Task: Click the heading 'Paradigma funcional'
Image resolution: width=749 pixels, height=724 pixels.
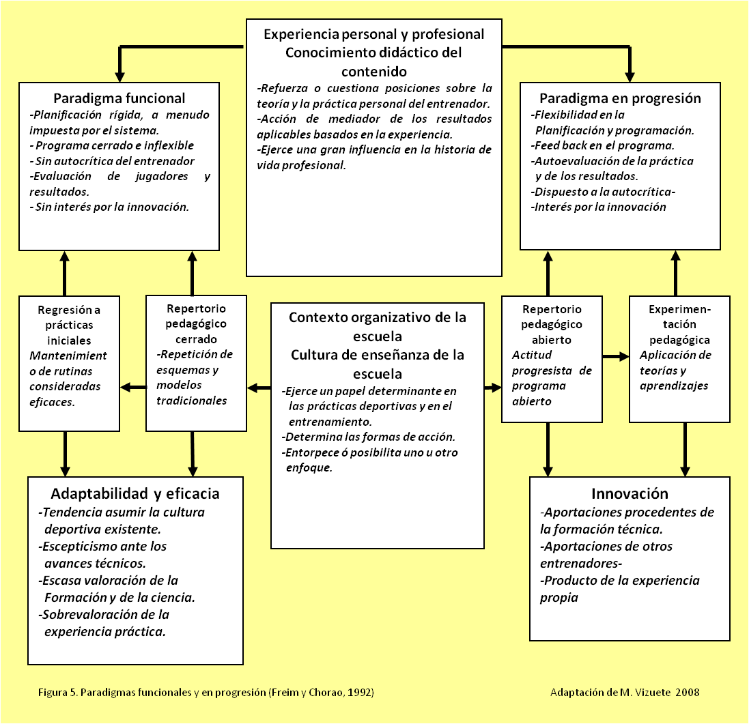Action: (119, 98)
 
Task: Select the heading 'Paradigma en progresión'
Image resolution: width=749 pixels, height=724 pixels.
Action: (620, 98)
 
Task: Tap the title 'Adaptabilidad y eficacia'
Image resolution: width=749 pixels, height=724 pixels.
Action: (135, 493)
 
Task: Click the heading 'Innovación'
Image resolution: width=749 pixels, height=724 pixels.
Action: (630, 493)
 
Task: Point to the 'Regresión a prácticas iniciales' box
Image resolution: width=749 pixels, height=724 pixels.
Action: (70, 363)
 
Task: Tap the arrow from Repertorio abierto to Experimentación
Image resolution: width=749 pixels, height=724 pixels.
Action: (615, 356)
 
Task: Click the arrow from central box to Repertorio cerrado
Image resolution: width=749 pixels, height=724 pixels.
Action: (259, 388)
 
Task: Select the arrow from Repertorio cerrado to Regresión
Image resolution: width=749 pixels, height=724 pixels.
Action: (133, 388)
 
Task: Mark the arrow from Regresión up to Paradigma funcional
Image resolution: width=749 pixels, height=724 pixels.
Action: (65, 273)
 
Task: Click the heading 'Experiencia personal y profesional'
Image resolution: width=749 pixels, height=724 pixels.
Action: (373, 34)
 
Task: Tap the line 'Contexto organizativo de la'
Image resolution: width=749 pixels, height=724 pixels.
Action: (377, 317)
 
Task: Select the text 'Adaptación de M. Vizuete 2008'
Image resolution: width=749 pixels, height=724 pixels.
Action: (624, 693)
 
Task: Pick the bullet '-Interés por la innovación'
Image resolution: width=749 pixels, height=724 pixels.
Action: (598, 207)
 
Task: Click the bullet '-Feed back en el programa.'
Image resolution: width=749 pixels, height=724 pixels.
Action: (602, 145)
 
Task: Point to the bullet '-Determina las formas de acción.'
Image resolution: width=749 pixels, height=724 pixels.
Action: (368, 437)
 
